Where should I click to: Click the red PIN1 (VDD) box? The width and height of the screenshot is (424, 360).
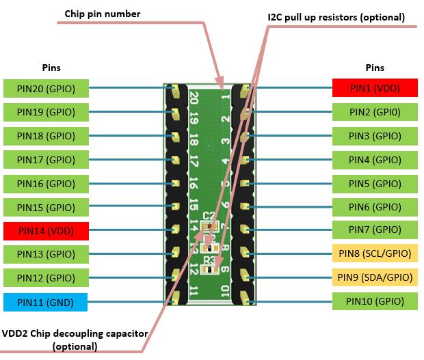click(375, 88)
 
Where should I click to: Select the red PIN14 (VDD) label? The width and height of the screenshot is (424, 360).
click(46, 231)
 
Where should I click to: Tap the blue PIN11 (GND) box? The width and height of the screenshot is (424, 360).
click(46, 301)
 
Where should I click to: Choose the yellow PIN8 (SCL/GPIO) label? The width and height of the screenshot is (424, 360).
click(375, 253)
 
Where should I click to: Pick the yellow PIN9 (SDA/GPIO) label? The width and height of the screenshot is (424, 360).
click(375, 277)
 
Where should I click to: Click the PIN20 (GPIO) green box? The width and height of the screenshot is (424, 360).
click(46, 88)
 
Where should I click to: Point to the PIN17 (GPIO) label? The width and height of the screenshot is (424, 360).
click(46, 160)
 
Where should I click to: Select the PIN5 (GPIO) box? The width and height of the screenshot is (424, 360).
click(375, 183)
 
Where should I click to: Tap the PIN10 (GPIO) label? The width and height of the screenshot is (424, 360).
click(375, 301)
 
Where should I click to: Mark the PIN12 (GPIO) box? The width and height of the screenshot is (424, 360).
click(46, 278)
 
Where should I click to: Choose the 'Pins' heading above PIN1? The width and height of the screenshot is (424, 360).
click(375, 68)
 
